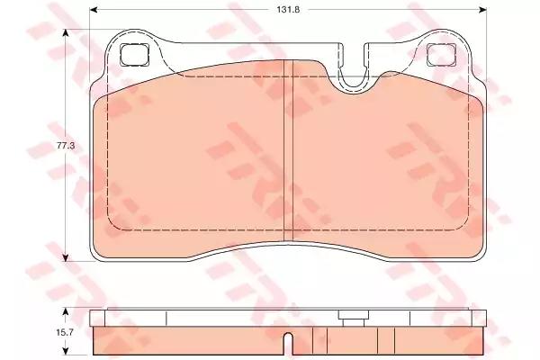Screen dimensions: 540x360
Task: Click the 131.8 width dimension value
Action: point(288,10)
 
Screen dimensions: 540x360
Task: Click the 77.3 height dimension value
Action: point(66,146)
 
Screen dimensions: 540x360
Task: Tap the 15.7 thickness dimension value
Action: point(65,332)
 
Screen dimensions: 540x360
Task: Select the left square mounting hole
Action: point(135,55)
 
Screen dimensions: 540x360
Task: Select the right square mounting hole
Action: point(442,55)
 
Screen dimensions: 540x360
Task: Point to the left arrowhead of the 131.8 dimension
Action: point(93,10)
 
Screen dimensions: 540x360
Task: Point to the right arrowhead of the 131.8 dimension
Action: point(482,10)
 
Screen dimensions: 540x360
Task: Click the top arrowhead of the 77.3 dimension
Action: point(66,33)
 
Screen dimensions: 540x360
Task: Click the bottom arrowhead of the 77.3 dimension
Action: point(66,257)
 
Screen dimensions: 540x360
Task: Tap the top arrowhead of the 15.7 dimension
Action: point(66,312)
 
